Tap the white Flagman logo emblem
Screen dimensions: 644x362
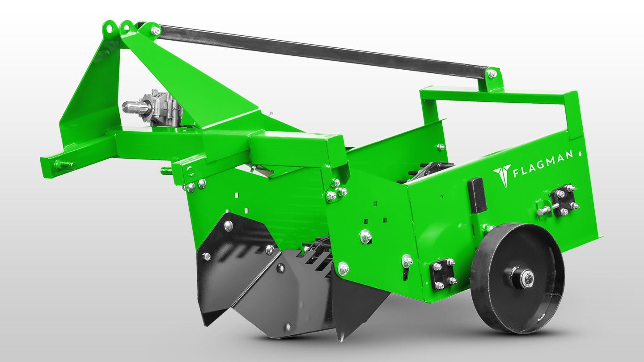point(503,175)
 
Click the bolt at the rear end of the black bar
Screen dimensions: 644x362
point(492,74)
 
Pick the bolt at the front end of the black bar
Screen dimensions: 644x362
point(156,30)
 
